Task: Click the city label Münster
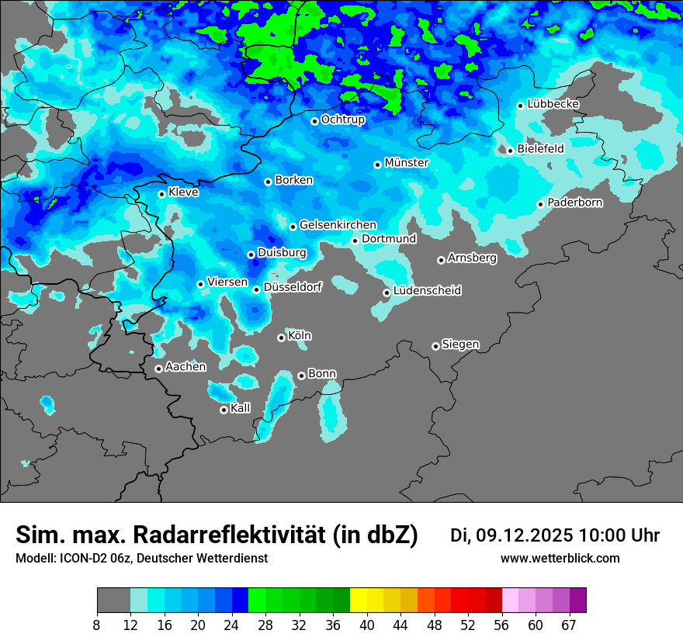tap(407, 163)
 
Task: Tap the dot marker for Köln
tap(281, 338)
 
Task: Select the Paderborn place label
tap(575, 203)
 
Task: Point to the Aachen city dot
tap(158, 369)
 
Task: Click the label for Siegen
tap(460, 345)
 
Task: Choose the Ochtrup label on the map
tap(343, 119)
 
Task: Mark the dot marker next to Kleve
tap(161, 194)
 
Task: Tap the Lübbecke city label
tap(553, 104)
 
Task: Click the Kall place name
tap(241, 408)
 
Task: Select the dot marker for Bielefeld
tap(510, 150)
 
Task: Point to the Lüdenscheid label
tap(427, 291)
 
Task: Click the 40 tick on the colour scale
tap(366, 625)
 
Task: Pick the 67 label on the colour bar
tap(569, 625)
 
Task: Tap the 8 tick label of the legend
tap(97, 625)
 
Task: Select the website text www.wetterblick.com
tap(560, 558)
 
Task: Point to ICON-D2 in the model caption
tap(78, 558)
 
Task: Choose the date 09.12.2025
tap(525, 535)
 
